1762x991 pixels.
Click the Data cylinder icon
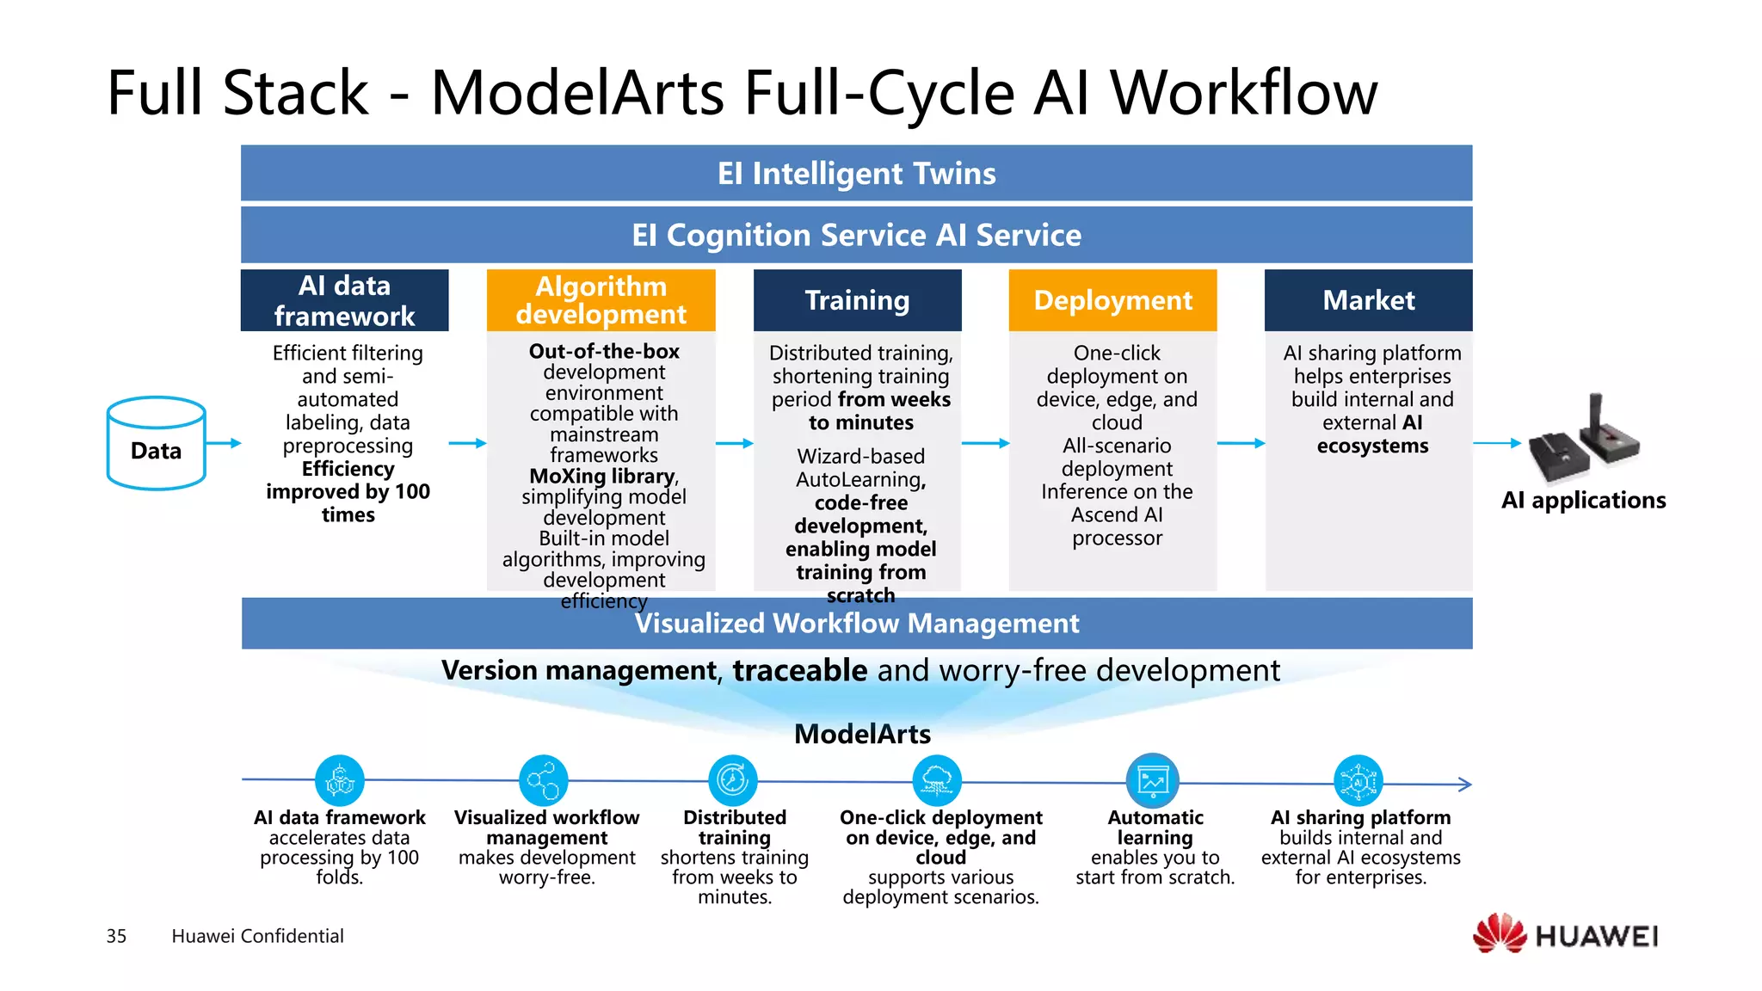[156, 443]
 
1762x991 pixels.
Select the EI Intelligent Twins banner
[856, 173]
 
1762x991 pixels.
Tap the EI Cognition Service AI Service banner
[856, 235]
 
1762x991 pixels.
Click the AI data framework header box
[344, 300]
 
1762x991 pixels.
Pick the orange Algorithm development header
[601, 300]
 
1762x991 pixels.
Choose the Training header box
[857, 300]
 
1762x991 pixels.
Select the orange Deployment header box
[1112, 300]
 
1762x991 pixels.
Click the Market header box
[1368, 300]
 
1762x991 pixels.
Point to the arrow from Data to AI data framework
[224, 443]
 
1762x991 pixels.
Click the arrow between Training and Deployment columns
[985, 443]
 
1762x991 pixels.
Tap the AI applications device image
[1585, 440]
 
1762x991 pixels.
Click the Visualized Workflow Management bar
[856, 624]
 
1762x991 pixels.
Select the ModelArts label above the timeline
[862, 734]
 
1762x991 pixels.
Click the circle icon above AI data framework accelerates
[340, 780]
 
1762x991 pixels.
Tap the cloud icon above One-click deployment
[937, 780]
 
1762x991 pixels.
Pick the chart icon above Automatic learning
[1153, 780]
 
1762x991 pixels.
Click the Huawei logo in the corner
[1566, 934]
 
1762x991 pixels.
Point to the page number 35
[116, 936]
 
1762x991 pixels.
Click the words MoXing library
[602, 476]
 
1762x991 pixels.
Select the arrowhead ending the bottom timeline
[1465, 784]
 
